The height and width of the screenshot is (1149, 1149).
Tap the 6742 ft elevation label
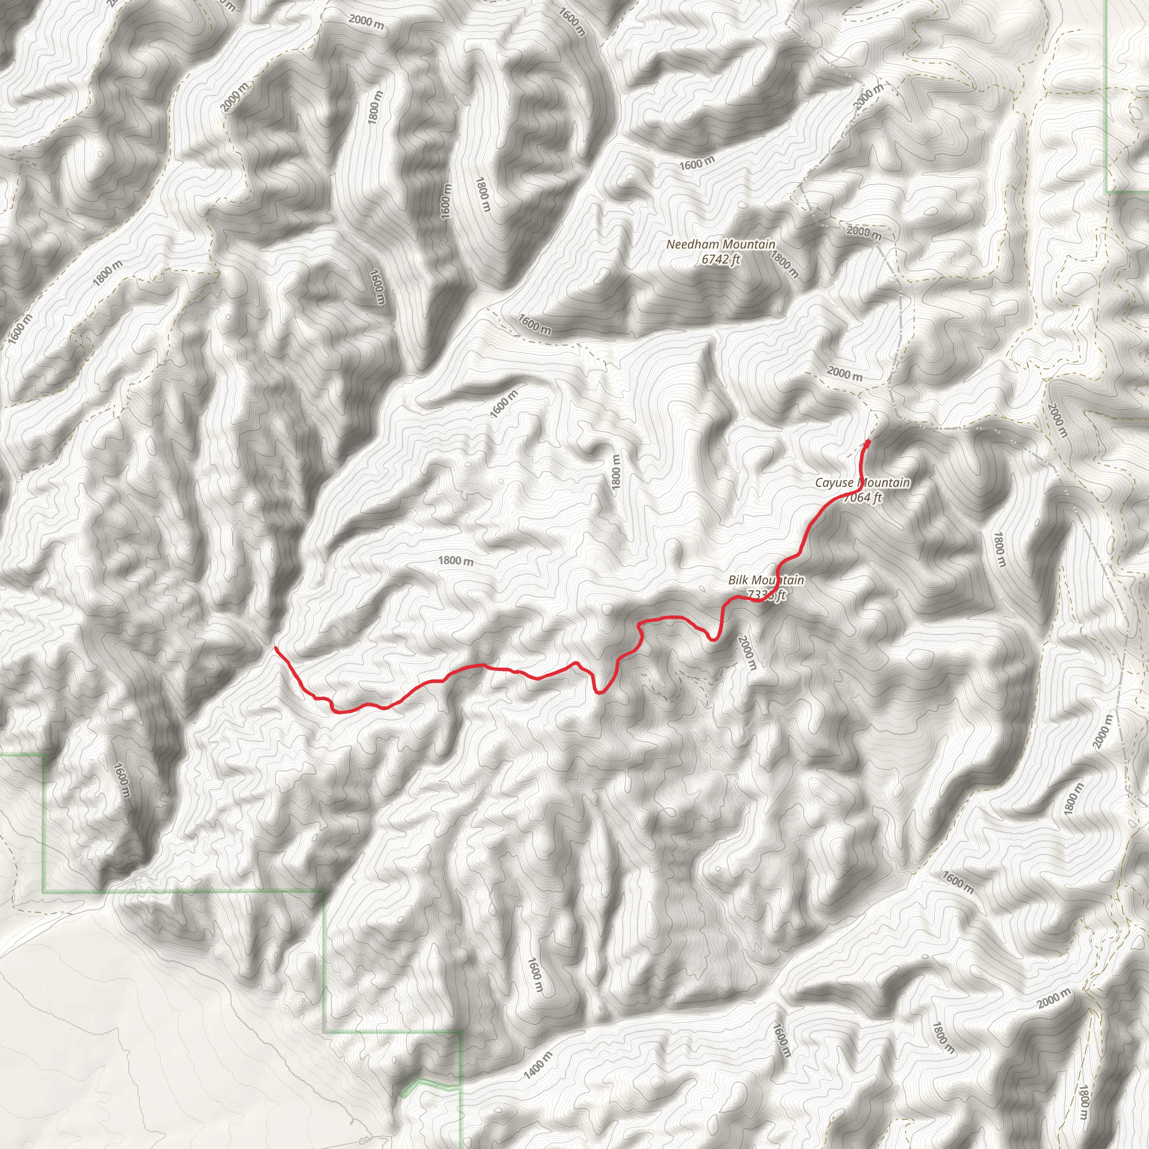(721, 259)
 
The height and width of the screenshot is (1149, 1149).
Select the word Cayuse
(833, 483)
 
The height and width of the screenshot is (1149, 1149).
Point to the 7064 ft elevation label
(862, 498)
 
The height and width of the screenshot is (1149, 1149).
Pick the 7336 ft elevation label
(766, 595)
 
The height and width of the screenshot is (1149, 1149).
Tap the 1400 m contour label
(538, 1065)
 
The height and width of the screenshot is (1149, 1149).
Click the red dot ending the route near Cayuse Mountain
(868, 443)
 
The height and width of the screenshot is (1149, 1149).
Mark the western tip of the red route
(275, 647)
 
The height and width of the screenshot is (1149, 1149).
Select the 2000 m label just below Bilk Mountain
(747, 652)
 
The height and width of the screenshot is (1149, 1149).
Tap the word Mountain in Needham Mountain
(746, 245)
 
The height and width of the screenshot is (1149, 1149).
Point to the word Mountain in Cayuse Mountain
(884, 483)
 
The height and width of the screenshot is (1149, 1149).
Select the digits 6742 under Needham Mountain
(713, 259)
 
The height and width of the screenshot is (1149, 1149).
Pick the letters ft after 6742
(735, 259)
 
